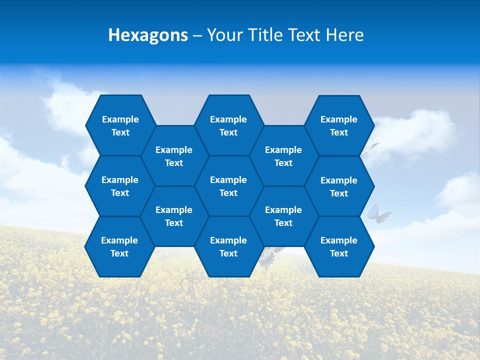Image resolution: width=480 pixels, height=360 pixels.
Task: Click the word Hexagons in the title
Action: click(x=148, y=35)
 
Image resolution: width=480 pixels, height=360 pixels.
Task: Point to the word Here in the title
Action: click(x=345, y=35)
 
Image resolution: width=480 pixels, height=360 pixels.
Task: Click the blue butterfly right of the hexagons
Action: click(x=378, y=213)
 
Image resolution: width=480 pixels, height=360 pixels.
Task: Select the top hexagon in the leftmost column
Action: click(x=120, y=125)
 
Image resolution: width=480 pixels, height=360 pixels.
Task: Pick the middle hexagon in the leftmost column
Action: click(x=120, y=186)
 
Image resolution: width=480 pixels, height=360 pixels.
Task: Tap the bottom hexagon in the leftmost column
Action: click(x=119, y=246)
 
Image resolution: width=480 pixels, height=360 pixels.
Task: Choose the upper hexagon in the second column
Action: click(x=174, y=156)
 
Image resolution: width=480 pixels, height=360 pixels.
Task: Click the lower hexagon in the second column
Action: click(x=174, y=216)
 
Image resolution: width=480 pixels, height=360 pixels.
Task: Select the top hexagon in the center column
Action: click(x=228, y=125)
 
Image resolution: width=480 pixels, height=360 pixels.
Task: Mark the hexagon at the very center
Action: click(x=228, y=186)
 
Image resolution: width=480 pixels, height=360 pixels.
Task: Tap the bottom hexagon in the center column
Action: click(x=228, y=246)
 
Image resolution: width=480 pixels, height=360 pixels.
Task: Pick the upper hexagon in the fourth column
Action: click(x=283, y=156)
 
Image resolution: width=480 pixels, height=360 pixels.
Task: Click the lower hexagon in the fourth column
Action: click(x=283, y=216)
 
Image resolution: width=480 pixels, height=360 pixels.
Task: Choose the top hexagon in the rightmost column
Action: click(x=339, y=125)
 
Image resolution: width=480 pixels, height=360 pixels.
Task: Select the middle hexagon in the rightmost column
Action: click(x=339, y=186)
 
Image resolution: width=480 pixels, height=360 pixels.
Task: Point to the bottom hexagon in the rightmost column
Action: click(x=339, y=246)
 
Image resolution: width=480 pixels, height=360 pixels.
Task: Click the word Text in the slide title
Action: click(x=305, y=35)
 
